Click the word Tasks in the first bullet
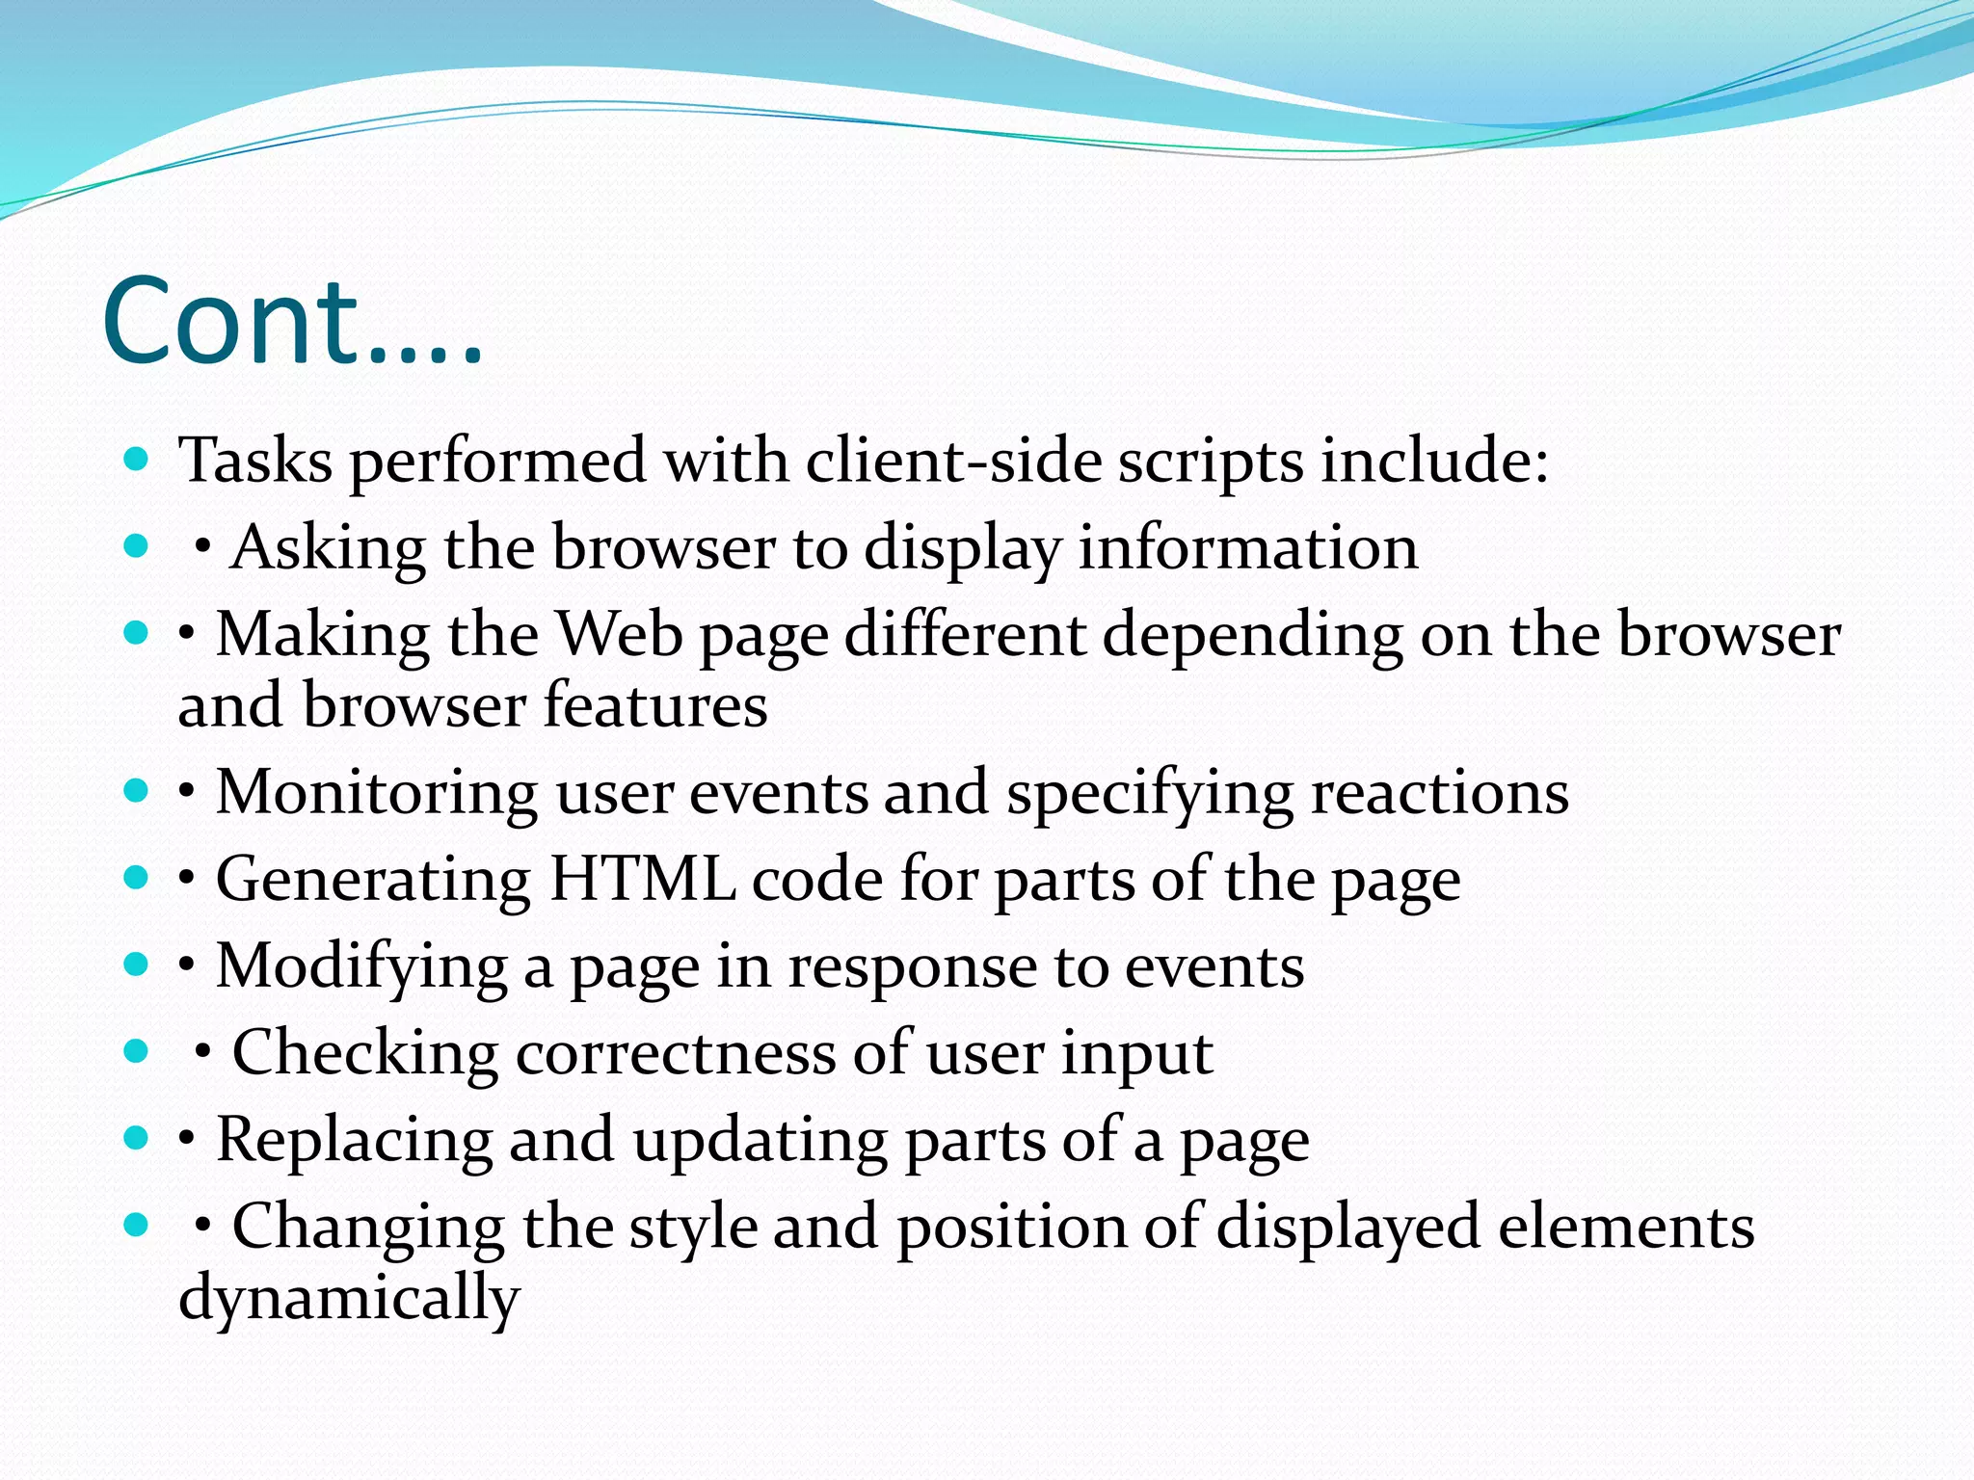(x=255, y=461)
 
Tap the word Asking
(x=328, y=547)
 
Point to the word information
(x=1247, y=547)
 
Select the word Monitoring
(x=376, y=793)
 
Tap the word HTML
(x=641, y=880)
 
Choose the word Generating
(x=373, y=880)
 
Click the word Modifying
(x=361, y=966)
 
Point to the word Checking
(x=364, y=1052)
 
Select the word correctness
(x=675, y=1052)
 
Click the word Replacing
(x=354, y=1140)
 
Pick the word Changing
(x=368, y=1227)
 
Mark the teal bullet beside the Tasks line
(x=136, y=459)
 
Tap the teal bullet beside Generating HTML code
(x=136, y=877)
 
